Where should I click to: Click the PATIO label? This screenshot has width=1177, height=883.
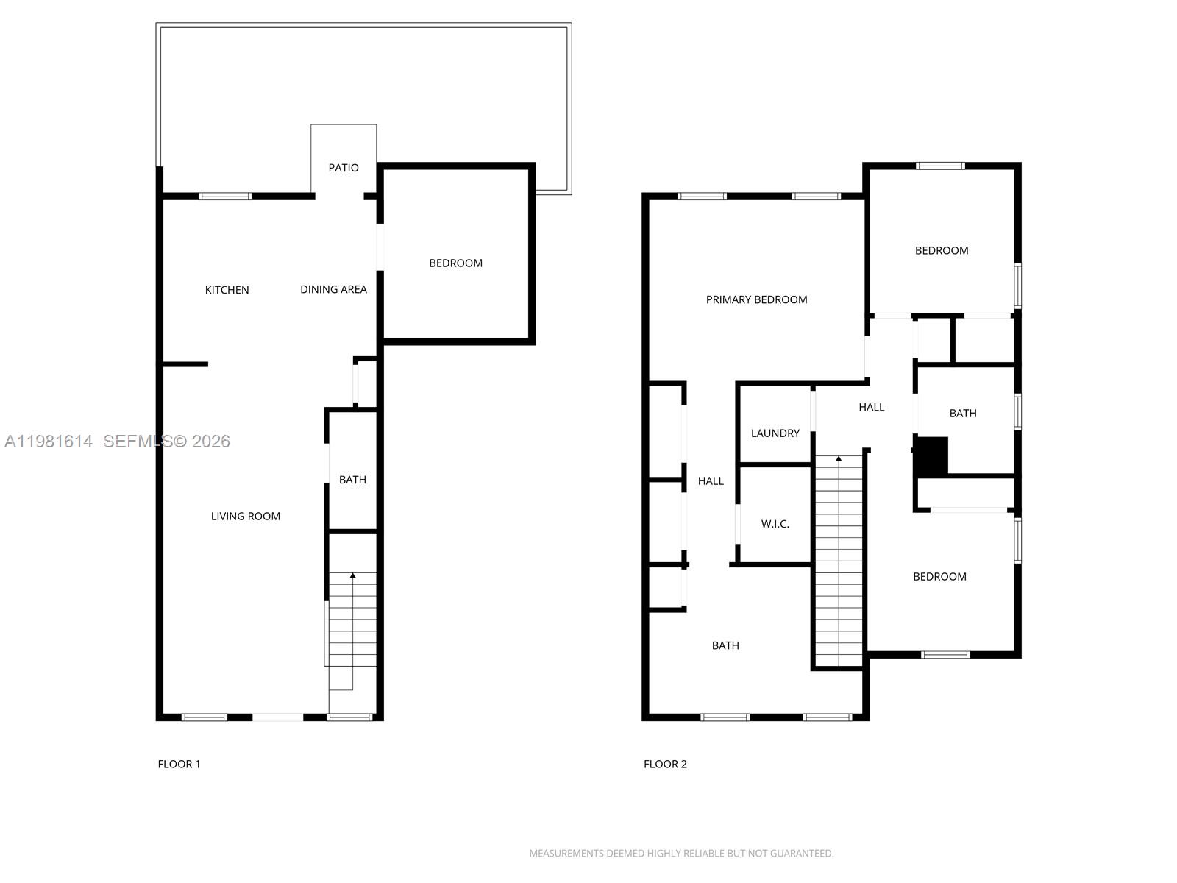[344, 168]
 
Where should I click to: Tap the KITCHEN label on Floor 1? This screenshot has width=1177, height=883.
[227, 290]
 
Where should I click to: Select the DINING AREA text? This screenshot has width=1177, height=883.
[333, 289]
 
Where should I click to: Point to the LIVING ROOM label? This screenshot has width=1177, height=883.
[246, 517]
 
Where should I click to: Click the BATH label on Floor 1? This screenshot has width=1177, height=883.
[352, 480]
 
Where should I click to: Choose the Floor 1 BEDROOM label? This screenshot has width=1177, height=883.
[455, 263]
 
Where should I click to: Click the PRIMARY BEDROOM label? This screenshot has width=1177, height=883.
[756, 299]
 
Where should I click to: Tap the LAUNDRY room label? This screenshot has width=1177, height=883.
[775, 433]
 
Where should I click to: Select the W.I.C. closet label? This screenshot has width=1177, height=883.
[775, 524]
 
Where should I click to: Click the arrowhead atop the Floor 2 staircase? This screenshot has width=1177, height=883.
[839, 459]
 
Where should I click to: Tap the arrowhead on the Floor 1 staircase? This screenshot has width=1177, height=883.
[352, 575]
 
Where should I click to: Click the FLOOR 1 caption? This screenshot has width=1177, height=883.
[179, 764]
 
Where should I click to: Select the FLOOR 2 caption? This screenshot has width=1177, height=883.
[665, 764]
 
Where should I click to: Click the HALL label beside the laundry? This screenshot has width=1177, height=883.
[871, 407]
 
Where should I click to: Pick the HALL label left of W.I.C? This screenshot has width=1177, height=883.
[711, 481]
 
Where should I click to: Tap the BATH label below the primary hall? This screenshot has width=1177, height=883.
[725, 645]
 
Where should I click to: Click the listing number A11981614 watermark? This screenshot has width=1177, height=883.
[49, 441]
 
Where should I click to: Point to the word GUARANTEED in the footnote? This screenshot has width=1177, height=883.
[803, 854]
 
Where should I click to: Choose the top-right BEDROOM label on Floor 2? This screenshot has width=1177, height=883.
[941, 250]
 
